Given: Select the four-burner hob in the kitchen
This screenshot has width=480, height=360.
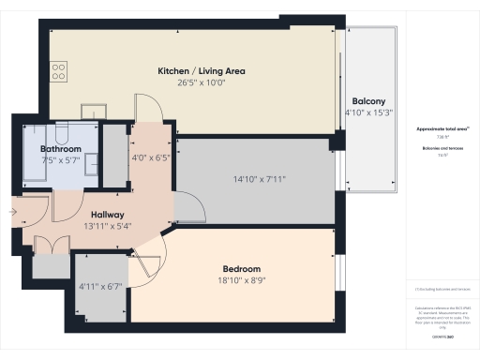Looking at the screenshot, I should point(58,69).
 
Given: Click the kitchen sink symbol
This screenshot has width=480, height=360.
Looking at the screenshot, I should point(93,109).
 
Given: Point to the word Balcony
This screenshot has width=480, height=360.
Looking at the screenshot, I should point(367,101).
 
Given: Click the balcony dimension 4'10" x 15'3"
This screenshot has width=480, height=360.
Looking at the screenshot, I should point(367,112).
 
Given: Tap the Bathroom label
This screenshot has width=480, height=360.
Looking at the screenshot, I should point(59,149).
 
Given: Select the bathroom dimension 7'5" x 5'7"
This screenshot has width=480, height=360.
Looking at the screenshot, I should point(59,160).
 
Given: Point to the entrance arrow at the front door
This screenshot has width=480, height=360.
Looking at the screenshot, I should point(12,212).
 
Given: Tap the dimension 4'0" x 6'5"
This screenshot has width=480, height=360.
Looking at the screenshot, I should point(150,157).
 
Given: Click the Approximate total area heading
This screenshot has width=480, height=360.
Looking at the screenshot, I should point(442,128).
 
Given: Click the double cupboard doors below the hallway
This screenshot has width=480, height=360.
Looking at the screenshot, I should point(51,245).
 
